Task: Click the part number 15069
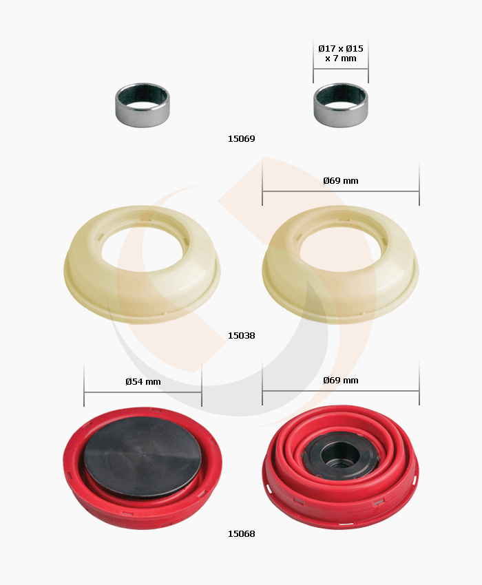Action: pyautogui.click(x=241, y=139)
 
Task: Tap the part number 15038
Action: pyautogui.click(x=241, y=336)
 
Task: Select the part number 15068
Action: pyautogui.click(x=241, y=534)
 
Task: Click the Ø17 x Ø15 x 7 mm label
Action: pyautogui.click(x=341, y=54)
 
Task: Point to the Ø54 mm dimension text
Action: pyautogui.click(x=143, y=382)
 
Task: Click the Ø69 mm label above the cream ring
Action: pyautogui.click(x=341, y=181)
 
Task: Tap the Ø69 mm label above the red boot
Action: pyautogui.click(x=341, y=381)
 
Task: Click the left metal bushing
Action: pyautogui.click(x=143, y=105)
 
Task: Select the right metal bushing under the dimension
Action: pyautogui.click(x=341, y=105)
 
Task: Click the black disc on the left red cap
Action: pyautogui.click(x=143, y=458)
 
